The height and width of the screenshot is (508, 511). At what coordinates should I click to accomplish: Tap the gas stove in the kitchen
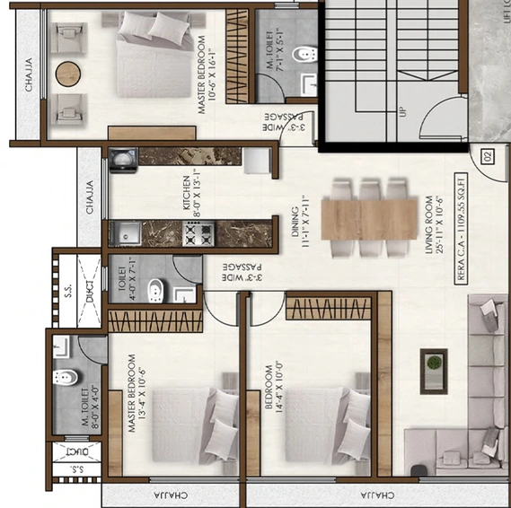click(197, 234)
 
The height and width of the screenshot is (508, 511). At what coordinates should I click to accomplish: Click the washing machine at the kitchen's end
click(122, 160)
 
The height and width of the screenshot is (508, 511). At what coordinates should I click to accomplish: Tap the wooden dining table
click(369, 218)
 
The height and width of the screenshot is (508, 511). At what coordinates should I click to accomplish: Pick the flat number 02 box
click(489, 157)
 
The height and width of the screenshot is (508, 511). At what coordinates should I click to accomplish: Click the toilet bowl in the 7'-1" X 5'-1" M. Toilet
click(307, 57)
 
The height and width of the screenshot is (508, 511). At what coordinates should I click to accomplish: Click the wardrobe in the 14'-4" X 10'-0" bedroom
click(329, 310)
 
